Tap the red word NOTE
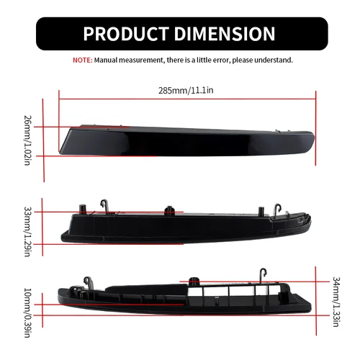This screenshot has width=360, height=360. tap(81, 60)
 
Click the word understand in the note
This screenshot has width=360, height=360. tap(274, 60)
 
